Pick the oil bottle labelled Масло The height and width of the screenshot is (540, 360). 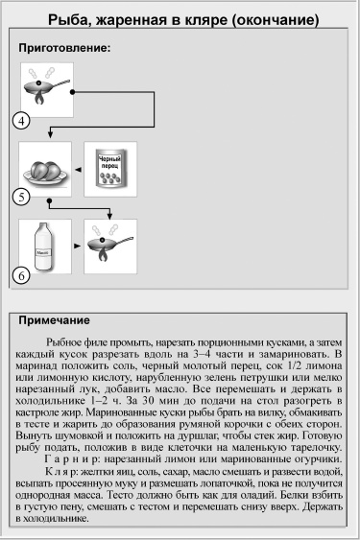click(x=42, y=247)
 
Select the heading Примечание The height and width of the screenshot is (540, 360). click(x=55, y=321)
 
